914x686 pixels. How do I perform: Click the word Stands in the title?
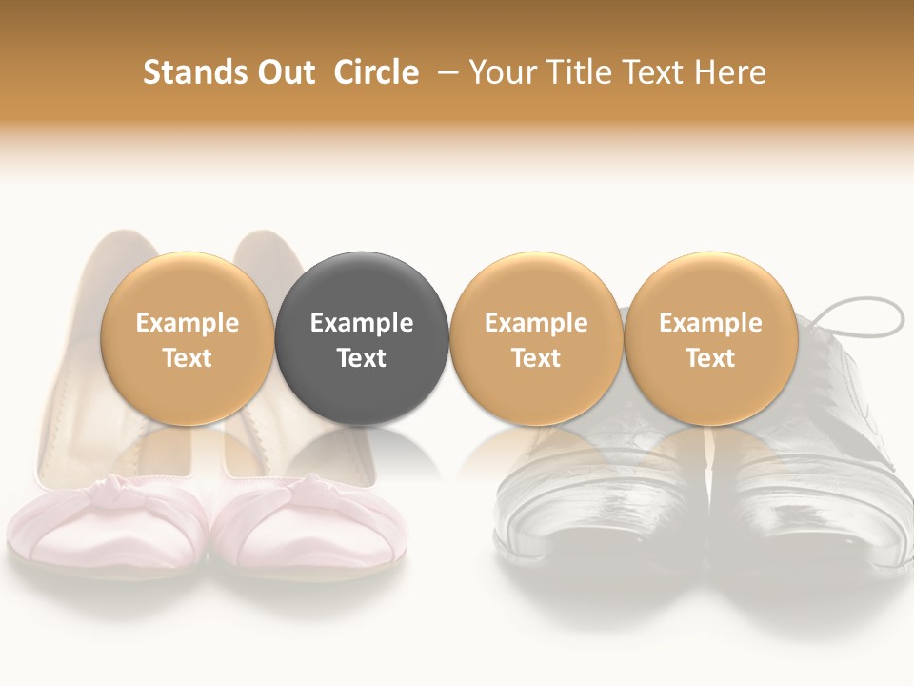(185, 72)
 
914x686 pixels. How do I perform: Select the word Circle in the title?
(376, 72)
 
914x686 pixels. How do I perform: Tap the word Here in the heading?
(730, 72)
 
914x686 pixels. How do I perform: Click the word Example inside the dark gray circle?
(362, 323)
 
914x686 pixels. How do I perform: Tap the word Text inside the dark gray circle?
(362, 358)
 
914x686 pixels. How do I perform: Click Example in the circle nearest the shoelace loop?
(710, 323)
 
